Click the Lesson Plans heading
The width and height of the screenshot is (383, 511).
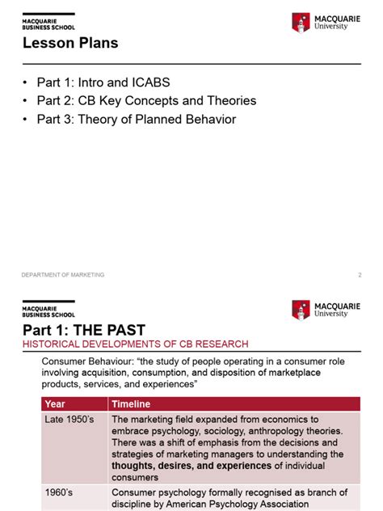tap(70, 44)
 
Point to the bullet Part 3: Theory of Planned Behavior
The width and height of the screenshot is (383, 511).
tap(136, 120)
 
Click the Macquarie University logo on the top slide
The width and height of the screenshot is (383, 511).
tap(326, 23)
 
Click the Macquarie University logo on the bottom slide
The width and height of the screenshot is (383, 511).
tap(326, 310)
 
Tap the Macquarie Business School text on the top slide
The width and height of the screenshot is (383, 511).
tap(48, 23)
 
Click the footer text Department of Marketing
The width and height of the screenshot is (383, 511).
tap(63, 275)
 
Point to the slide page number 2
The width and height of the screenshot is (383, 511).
tap(359, 275)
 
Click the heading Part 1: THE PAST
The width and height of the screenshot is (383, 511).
tap(83, 330)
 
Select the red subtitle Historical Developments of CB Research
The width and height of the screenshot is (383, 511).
tap(135, 344)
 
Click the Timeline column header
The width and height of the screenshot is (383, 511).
tap(131, 403)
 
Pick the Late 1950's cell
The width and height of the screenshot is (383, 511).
tap(68, 420)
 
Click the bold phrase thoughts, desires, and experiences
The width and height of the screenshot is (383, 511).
tap(191, 466)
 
